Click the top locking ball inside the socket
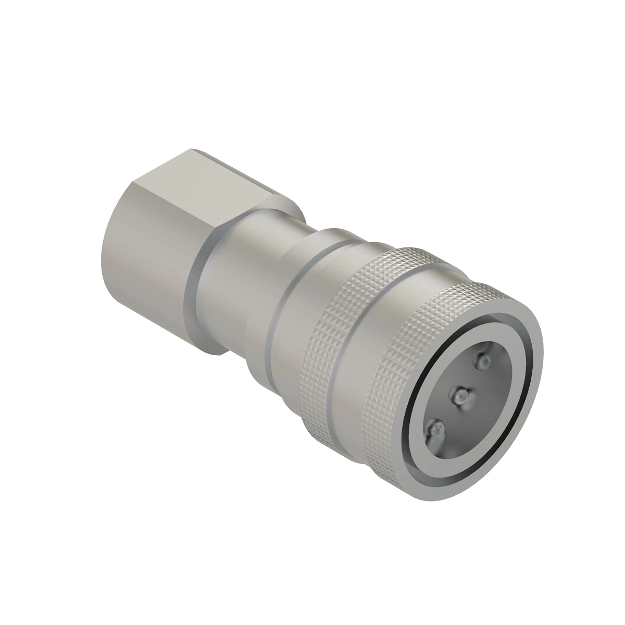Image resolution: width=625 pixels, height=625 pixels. tap(483, 361)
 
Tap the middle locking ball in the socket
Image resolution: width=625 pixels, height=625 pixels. tap(460, 397)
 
